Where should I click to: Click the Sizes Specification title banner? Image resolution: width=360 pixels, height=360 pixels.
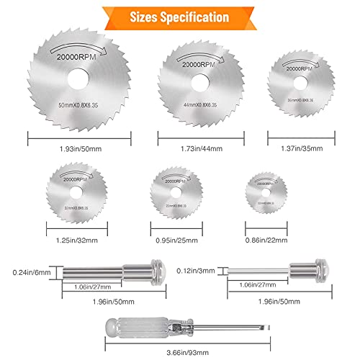tap(180, 15)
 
